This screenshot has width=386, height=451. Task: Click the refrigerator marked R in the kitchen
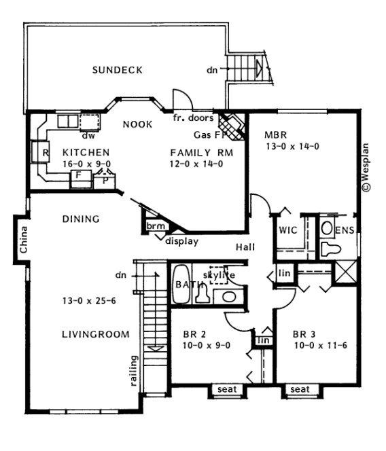[x=45, y=153]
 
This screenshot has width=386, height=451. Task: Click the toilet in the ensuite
[x=329, y=248]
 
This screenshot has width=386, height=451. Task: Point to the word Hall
[x=246, y=247]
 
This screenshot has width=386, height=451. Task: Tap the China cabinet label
[x=22, y=239]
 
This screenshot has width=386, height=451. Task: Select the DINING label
[x=81, y=219]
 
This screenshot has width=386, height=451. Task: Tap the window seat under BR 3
[x=299, y=389]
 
